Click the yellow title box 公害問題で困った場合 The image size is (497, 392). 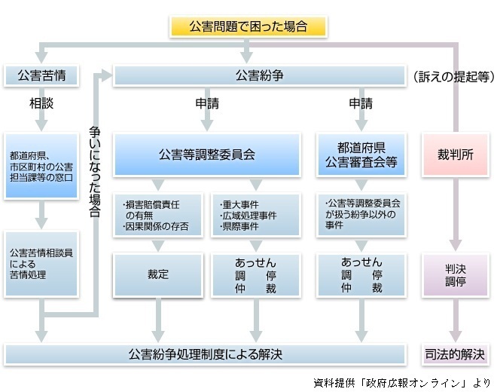click(248, 26)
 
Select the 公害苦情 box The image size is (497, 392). click(41, 75)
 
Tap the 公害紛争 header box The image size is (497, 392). click(260, 75)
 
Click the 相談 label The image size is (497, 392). click(41, 103)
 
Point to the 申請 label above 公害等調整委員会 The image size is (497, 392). click(207, 103)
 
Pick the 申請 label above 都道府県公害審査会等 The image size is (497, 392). click(361, 103)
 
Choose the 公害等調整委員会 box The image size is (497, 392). click(207, 155)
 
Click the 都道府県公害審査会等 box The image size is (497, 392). click(361, 155)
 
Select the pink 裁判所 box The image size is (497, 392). click(456, 155)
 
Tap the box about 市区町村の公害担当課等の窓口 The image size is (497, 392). click(41, 166)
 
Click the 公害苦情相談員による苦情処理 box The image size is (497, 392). click(41, 264)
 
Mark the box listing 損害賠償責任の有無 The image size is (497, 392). click(158, 215)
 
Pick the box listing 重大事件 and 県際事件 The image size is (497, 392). click(256, 215)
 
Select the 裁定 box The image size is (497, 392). click(158, 275)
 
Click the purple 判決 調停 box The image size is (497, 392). click(456, 275)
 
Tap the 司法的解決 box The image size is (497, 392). click(455, 354)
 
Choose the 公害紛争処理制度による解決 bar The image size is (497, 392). click(205, 354)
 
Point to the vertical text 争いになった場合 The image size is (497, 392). click(94, 171)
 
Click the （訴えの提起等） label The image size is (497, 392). click(454, 76)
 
